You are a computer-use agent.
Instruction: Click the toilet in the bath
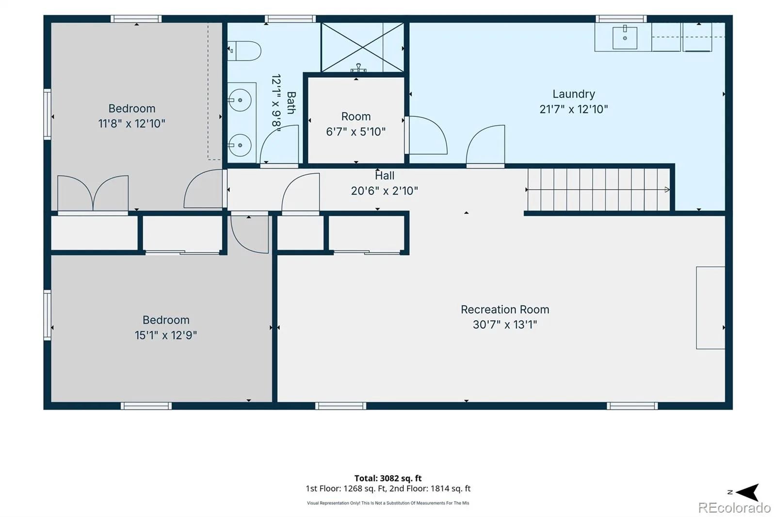pos(244,51)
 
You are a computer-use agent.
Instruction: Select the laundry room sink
pos(625,38)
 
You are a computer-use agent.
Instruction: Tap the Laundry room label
pos(574,94)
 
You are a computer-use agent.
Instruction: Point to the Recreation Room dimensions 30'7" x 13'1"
pos(505,324)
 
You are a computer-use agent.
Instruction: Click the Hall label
pos(385,176)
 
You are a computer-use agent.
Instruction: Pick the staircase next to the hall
pos(598,190)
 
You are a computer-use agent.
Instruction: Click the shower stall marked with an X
pos(362,47)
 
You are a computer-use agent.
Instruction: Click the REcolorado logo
pos(734,508)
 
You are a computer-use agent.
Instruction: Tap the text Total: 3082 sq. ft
pos(388,478)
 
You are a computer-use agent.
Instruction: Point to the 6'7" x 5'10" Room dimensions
pos(356,132)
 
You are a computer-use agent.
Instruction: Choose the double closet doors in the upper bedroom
pos(93,193)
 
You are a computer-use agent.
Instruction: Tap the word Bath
pos(291,102)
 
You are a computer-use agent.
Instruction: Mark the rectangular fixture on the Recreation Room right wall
pos(711,307)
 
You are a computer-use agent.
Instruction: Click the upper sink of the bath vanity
pos(240,100)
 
